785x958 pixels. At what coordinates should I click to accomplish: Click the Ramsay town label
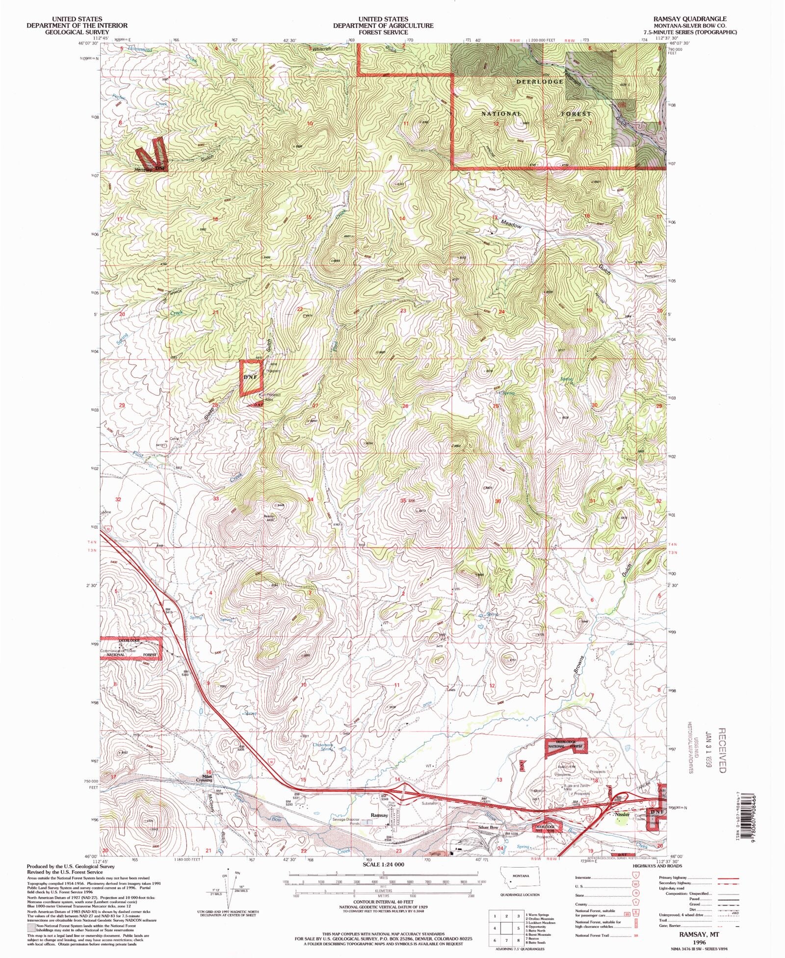379,815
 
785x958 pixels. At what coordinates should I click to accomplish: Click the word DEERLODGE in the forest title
539,81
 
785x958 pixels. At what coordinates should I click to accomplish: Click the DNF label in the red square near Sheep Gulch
250,377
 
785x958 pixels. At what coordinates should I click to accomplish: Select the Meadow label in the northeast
511,223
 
